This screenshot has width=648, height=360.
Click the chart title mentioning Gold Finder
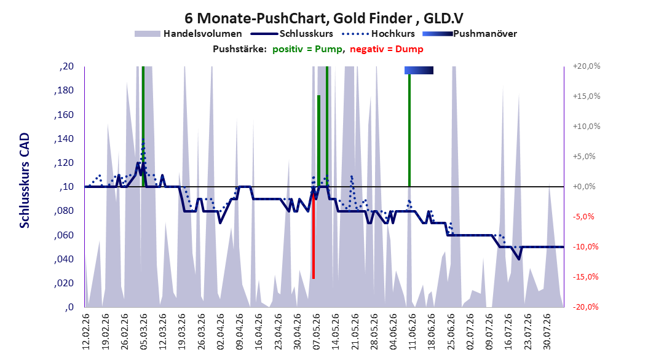click(323, 18)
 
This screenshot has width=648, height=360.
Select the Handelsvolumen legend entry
click(188, 34)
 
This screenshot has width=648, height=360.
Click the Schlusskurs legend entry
click(292, 34)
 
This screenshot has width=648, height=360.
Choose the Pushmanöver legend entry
click(470, 34)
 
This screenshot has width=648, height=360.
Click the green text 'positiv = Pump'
click(307, 49)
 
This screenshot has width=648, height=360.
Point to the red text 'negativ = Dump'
click(387, 49)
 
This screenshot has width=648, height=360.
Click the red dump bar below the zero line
click(314, 233)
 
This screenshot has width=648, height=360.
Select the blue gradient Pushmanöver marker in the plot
click(419, 70)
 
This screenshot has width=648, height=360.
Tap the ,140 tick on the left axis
click(64, 139)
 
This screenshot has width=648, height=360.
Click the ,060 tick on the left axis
click(64, 235)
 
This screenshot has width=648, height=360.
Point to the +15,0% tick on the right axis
click(587, 96)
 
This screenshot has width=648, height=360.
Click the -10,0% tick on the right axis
click(585, 247)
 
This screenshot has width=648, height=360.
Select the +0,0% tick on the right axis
click(584, 187)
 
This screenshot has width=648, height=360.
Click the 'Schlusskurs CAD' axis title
click(25, 181)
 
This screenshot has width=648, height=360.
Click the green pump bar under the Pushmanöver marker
click(409, 130)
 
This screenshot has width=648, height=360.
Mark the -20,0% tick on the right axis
click(585, 307)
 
